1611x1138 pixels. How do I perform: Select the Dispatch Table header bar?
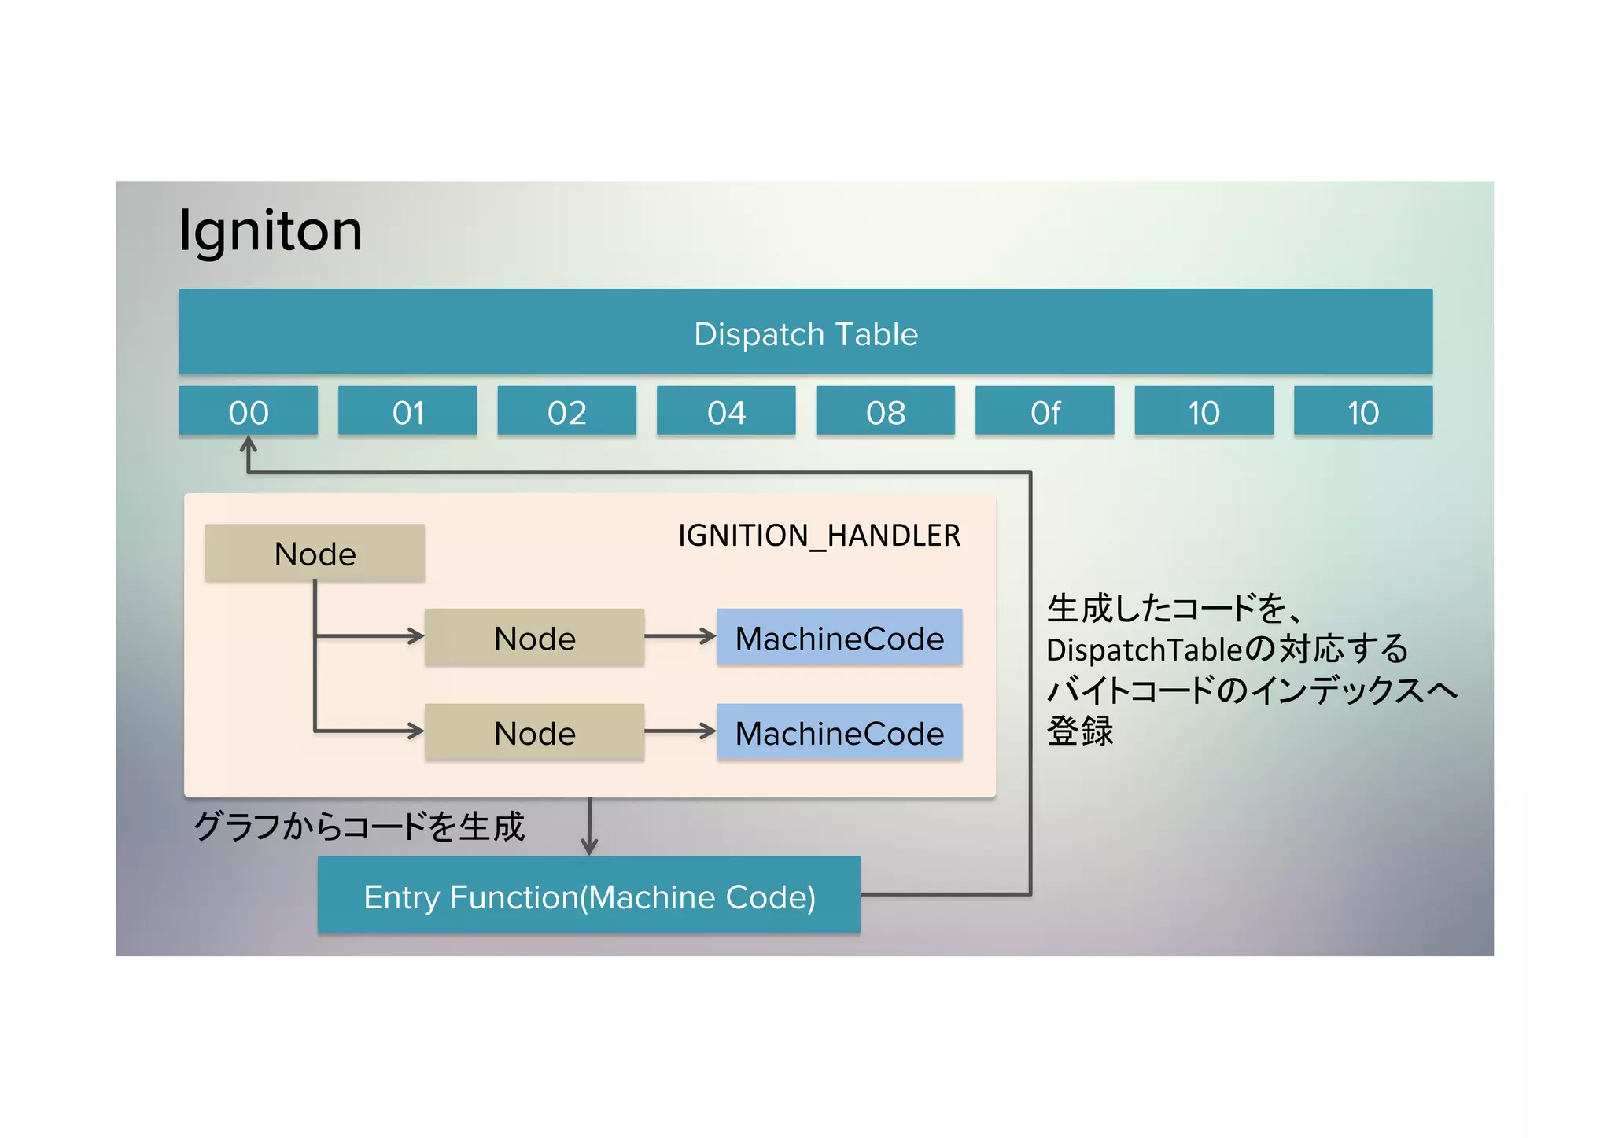[x=805, y=332]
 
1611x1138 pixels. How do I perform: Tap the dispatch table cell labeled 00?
[x=248, y=411]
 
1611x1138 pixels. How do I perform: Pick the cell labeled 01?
[x=407, y=411]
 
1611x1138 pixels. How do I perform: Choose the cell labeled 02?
[x=566, y=411]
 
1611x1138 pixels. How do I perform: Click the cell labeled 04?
[x=726, y=411]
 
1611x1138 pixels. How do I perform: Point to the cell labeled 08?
[x=885, y=411]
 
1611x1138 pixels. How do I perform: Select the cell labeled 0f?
[x=1045, y=411]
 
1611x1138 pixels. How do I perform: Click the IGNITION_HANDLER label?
[x=819, y=536]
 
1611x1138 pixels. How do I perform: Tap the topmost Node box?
[x=315, y=554]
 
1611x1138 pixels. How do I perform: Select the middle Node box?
[x=534, y=638]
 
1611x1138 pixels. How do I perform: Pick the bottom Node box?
[x=534, y=733]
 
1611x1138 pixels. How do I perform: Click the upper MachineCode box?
[x=839, y=638]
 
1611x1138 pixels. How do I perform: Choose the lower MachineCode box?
[x=839, y=733]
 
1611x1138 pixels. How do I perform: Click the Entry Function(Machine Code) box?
[x=588, y=896]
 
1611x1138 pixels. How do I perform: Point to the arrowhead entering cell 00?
[x=249, y=445]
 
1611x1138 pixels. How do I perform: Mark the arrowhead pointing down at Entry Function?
[x=589, y=846]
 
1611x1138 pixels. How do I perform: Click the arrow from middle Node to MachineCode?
[x=680, y=636]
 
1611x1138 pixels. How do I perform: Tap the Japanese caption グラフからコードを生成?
[x=359, y=827]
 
